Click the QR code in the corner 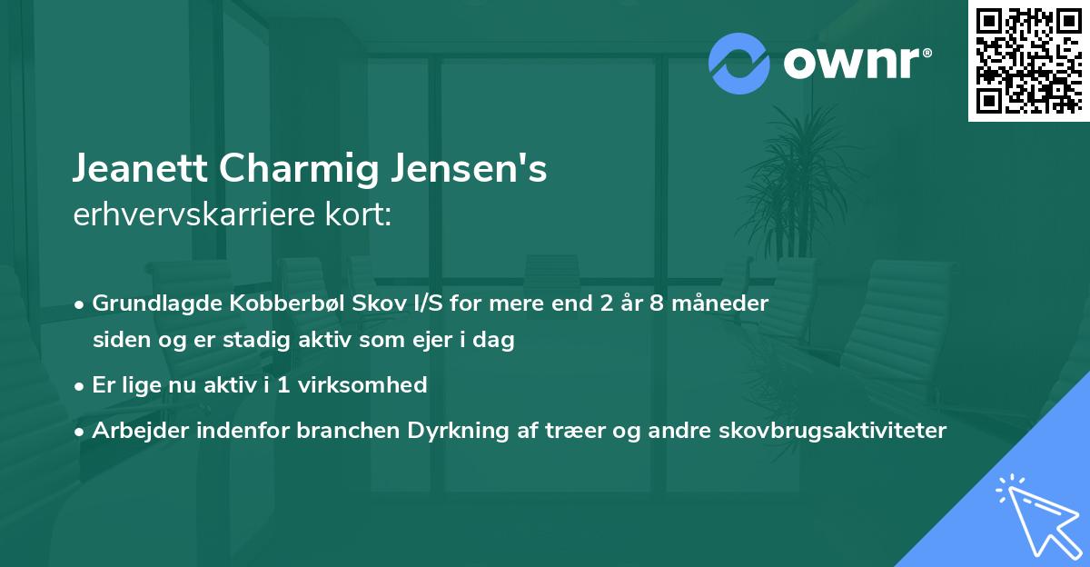pos(1029,61)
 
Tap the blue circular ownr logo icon pos(739,64)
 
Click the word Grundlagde pos(147,303)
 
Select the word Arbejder pos(134,431)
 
